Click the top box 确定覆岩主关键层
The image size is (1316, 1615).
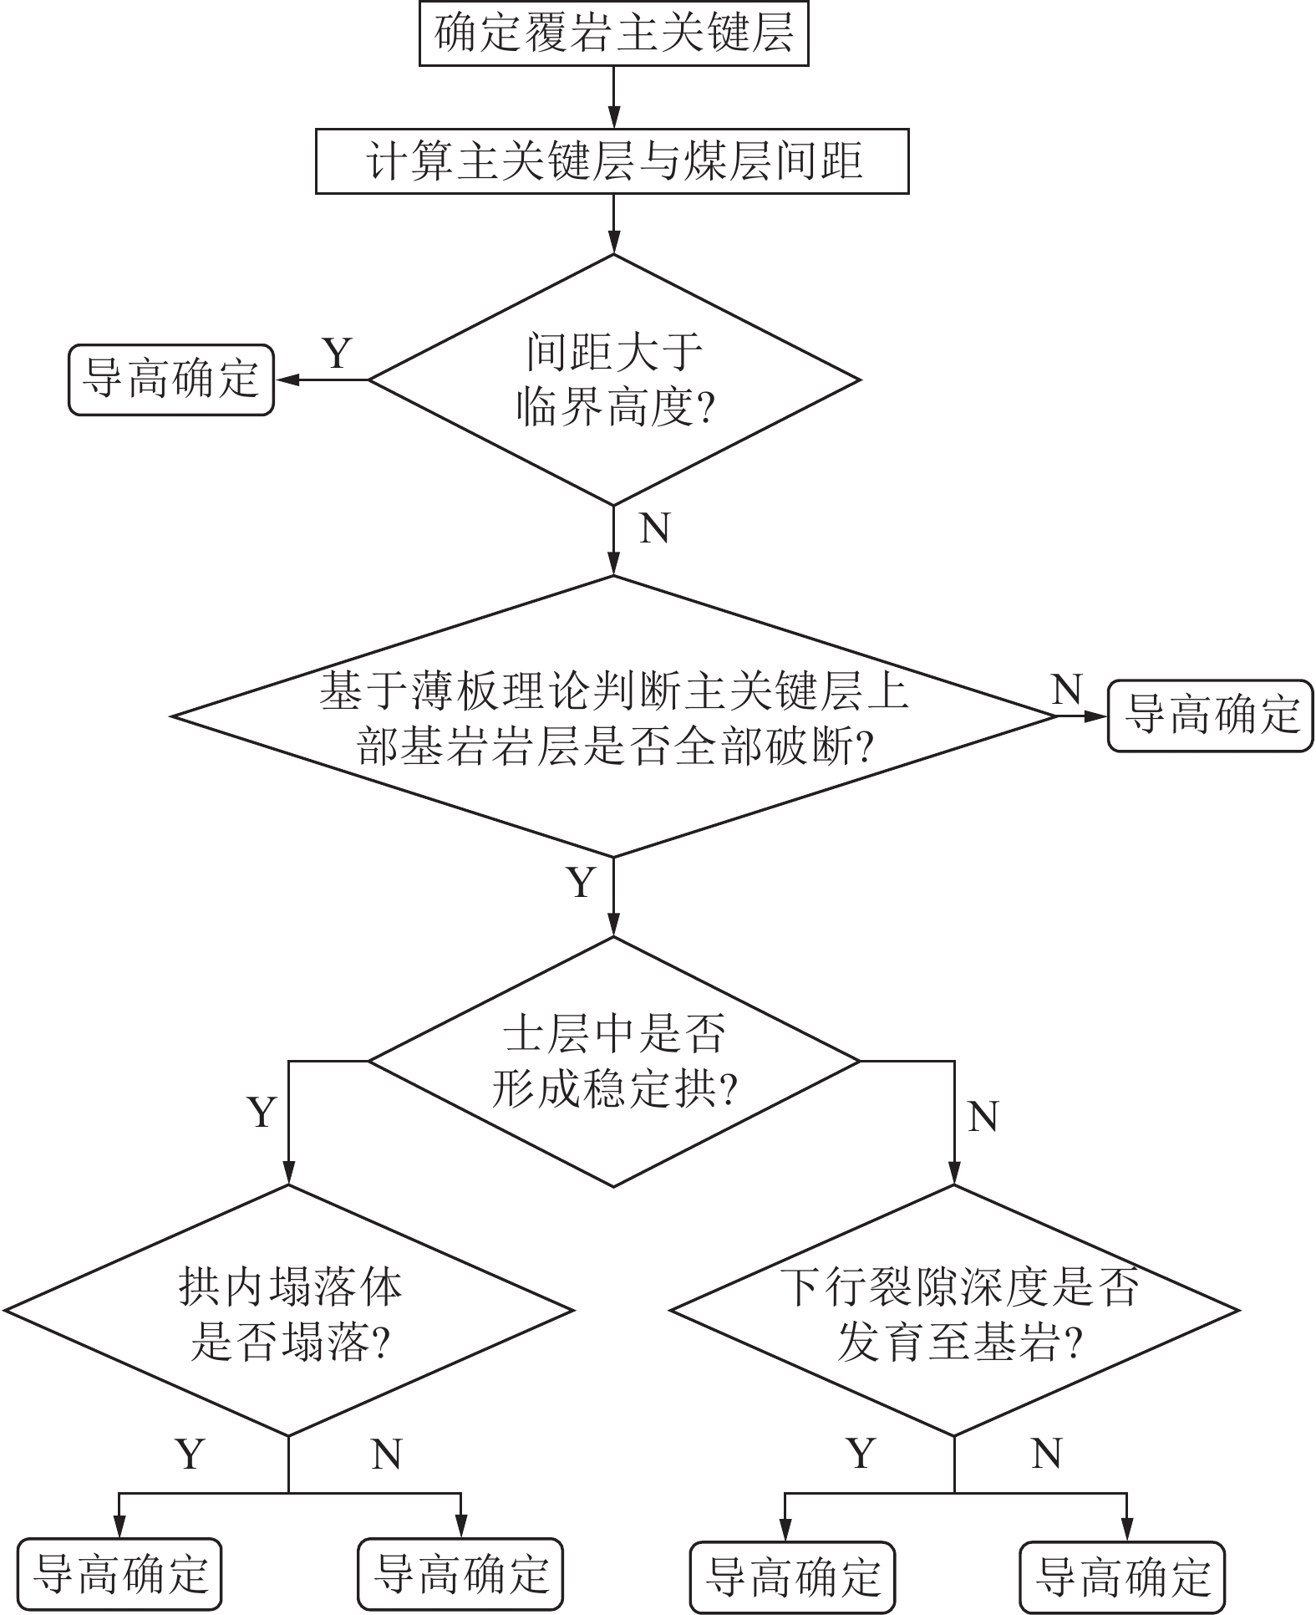[613, 34]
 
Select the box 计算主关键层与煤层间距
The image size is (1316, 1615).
[612, 160]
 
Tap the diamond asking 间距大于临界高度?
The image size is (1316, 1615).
[614, 380]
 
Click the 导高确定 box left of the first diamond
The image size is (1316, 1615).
[171, 380]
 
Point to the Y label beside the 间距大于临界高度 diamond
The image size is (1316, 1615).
[337, 353]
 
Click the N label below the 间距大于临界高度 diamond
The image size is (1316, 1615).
[654, 528]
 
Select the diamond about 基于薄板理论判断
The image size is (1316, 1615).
[614, 716]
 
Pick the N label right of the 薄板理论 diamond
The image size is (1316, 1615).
[1067, 690]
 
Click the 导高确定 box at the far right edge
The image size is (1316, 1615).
[1211, 716]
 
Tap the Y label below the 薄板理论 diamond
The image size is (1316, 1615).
[582, 883]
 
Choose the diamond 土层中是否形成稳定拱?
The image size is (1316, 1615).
[614, 1061]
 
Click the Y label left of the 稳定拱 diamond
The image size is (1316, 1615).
[262, 1113]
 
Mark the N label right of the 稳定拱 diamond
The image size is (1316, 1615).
[983, 1116]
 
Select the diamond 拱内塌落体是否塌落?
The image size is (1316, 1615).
[289, 1312]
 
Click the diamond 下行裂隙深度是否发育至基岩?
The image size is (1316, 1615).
[954, 1312]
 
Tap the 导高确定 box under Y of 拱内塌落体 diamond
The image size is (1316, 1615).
[119, 1574]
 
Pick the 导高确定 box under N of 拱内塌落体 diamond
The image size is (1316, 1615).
[460, 1574]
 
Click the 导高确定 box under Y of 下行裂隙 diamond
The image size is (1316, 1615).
[792, 1577]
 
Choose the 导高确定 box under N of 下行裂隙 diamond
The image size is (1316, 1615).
[1123, 1577]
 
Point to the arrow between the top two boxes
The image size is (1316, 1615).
[614, 97]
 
